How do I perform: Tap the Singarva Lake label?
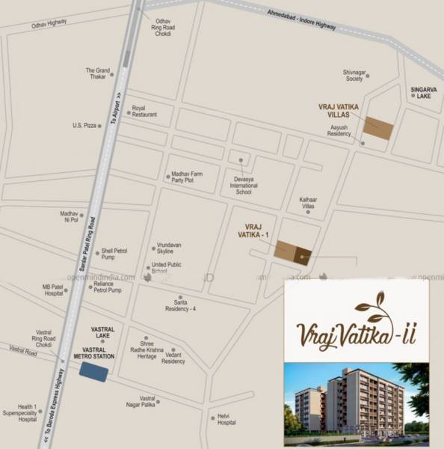coord(422,93)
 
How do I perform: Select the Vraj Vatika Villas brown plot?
coord(378,129)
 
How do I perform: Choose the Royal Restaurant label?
coord(144,112)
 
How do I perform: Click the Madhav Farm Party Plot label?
coord(188,177)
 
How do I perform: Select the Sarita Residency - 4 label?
coord(180,305)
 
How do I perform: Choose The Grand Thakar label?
coord(98,74)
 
